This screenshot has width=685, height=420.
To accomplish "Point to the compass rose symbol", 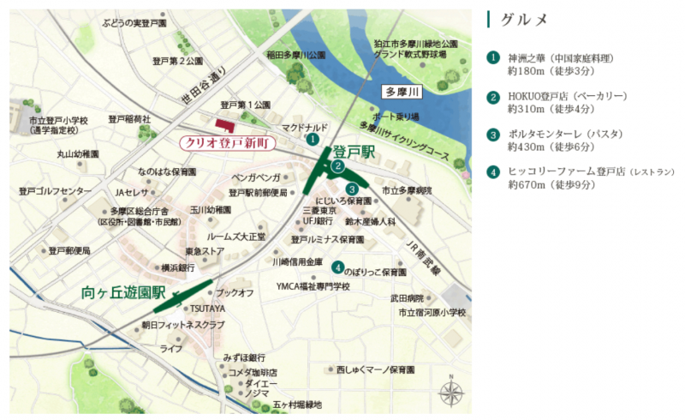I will point(451,393).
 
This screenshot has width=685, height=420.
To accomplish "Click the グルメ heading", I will point(524,19).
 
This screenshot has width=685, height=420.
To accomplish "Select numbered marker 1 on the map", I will point(313,138).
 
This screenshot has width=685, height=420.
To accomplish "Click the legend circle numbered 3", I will point(492,135).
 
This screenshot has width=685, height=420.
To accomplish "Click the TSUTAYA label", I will point(207,309).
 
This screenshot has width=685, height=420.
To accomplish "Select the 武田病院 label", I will point(407,297).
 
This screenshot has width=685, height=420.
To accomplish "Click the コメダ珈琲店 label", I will point(253,373).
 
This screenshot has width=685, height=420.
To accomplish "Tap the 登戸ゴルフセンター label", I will point(55,190).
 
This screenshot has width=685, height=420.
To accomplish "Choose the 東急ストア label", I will point(205,250).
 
